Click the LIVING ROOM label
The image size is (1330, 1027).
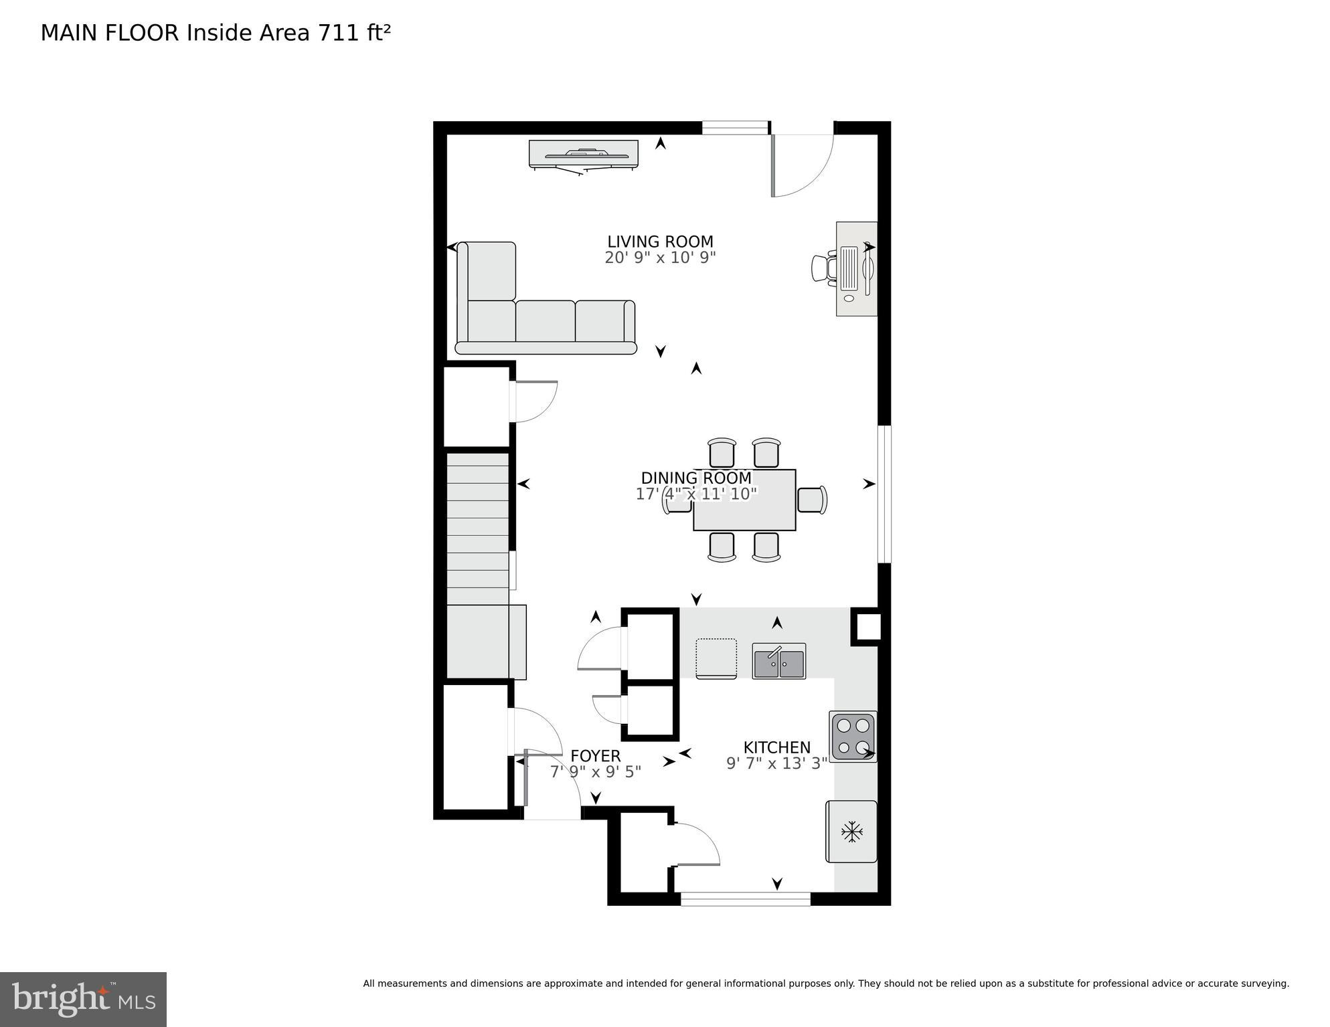(x=660, y=242)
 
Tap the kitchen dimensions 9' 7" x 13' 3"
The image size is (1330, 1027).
(x=776, y=763)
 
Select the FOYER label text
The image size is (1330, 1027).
(x=595, y=756)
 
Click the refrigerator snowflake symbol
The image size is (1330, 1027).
(x=851, y=832)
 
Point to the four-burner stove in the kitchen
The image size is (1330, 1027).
(x=853, y=736)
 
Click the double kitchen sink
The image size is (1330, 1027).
(x=778, y=661)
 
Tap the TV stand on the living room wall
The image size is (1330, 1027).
(x=583, y=155)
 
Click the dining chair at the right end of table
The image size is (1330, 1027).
(x=812, y=500)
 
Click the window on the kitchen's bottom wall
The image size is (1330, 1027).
(x=745, y=899)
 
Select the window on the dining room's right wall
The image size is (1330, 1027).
(x=884, y=494)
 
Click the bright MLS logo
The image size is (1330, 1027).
(x=83, y=999)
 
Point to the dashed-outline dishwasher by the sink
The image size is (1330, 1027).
(x=716, y=658)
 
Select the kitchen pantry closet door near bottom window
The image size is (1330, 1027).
(x=696, y=846)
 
